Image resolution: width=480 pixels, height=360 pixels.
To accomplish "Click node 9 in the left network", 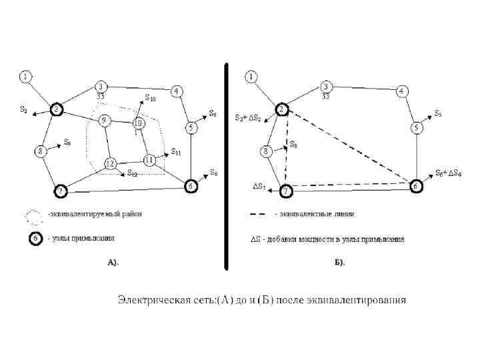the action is click(x=105, y=121).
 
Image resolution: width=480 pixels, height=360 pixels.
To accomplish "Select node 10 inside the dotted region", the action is click(x=139, y=123).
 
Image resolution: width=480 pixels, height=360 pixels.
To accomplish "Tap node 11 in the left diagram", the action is click(x=149, y=160).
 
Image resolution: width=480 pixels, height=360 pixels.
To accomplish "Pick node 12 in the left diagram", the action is click(x=110, y=164).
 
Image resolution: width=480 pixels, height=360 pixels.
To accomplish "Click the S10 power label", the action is click(x=151, y=99).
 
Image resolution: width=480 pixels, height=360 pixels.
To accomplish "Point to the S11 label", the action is click(x=176, y=152).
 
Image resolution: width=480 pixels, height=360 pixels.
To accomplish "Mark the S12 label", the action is click(x=132, y=174).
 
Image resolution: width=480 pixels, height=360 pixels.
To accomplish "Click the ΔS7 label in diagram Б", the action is click(x=259, y=186).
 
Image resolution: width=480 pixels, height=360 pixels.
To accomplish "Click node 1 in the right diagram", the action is click(x=251, y=77).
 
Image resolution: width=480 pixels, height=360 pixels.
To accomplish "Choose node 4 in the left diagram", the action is click(x=177, y=91).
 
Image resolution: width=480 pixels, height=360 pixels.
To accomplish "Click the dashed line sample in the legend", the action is click(x=261, y=215).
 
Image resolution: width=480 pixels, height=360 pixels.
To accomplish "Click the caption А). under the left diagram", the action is click(x=113, y=263).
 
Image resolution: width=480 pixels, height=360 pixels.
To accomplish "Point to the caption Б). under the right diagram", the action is click(x=339, y=263).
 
